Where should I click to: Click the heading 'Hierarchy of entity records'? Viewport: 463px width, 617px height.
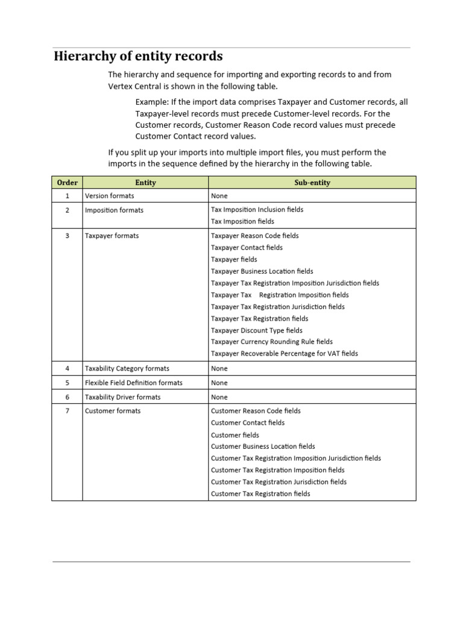coord(138,57)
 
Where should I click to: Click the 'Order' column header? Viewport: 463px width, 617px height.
coord(67,183)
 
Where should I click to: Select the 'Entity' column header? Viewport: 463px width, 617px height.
coord(145,183)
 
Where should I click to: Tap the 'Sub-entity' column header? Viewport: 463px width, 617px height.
coord(312,183)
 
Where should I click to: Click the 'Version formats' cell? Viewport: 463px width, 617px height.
coord(110,196)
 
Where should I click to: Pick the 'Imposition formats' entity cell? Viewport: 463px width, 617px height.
coord(114,210)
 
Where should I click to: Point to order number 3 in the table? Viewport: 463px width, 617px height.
coord(68,236)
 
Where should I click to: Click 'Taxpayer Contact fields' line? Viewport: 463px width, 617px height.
coord(247,248)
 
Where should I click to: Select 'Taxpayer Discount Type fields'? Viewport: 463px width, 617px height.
coord(257,330)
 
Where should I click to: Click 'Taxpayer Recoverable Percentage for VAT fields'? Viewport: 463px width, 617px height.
coord(284,354)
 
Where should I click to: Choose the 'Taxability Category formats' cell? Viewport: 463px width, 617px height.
coord(127,368)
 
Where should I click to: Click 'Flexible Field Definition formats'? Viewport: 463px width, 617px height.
coord(133,383)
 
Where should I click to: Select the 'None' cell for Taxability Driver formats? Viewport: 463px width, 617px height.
coord(219,397)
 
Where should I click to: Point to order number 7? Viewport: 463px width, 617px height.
coord(68,411)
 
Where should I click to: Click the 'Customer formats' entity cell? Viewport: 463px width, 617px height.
coord(113,411)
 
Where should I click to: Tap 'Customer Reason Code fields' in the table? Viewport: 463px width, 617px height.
coord(256,411)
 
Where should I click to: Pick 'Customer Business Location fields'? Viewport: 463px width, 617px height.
coord(263,446)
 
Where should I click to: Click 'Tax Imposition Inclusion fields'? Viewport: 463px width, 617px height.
coord(257,210)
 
